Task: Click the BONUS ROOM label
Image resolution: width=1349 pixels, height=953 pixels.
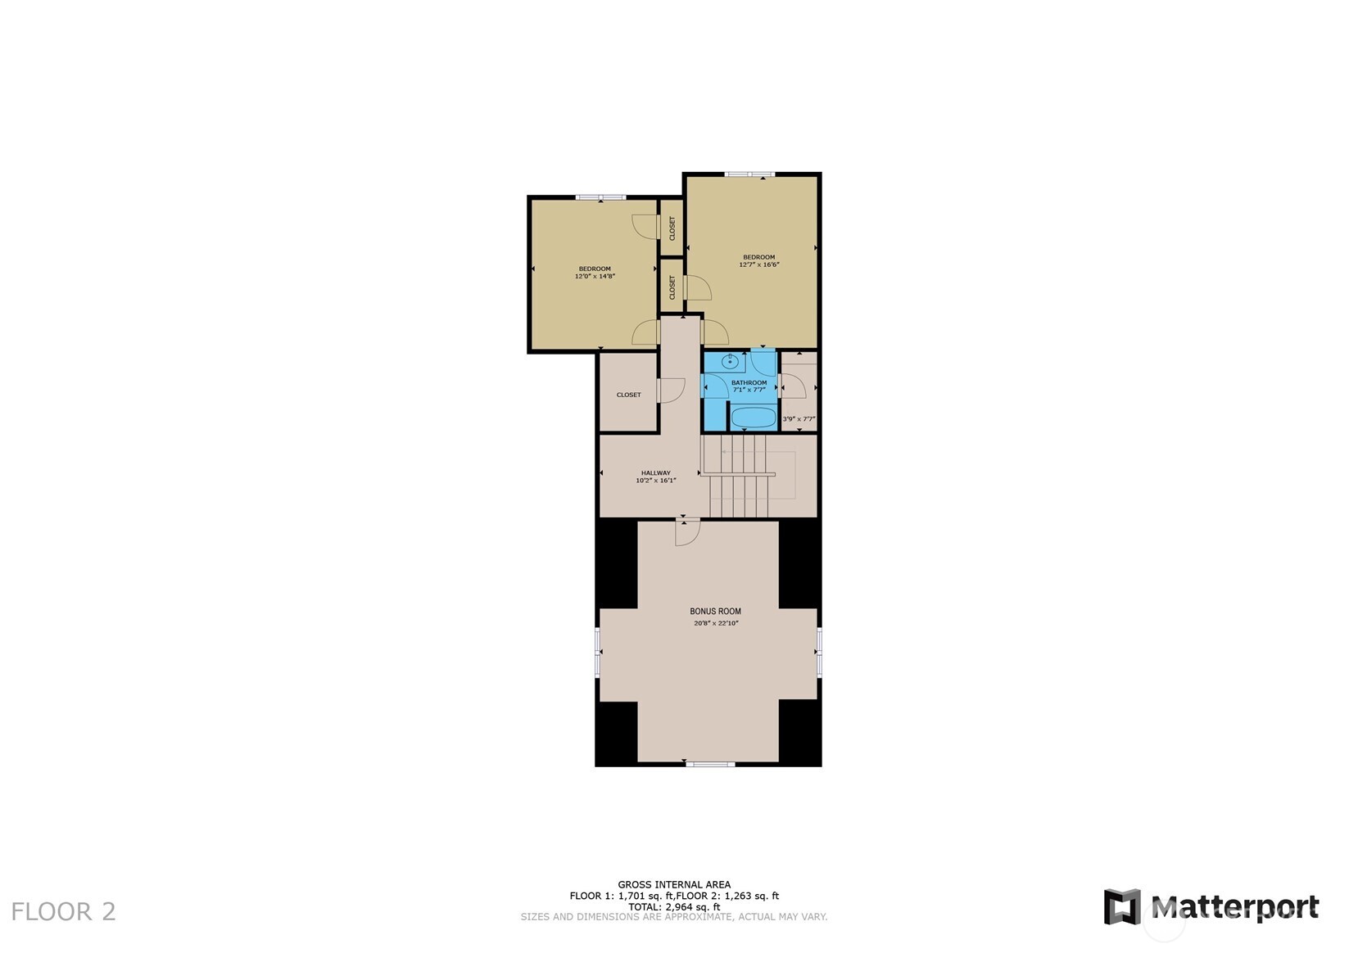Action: [715, 611]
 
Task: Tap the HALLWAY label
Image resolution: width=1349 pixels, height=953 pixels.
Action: [656, 473]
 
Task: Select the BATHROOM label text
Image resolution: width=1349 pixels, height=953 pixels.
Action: [749, 382]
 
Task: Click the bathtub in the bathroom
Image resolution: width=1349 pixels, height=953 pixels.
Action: [754, 417]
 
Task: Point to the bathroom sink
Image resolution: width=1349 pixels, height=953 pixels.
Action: [731, 362]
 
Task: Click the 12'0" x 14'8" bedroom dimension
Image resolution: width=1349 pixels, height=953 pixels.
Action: [595, 277]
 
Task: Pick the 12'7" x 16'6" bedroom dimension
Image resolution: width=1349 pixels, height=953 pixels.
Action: [759, 264]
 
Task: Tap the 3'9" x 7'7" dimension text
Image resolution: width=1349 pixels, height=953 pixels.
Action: [799, 418]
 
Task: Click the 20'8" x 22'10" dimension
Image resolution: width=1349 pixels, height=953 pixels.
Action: [716, 623]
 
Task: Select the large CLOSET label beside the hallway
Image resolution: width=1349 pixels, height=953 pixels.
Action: [629, 395]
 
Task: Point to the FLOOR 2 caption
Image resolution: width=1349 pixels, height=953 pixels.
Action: [63, 911]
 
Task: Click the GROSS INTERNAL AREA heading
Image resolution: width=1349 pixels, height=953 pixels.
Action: [675, 884]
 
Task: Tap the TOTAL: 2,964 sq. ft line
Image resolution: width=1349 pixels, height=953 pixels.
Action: [675, 906]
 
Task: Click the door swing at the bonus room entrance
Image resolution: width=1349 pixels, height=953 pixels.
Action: [687, 532]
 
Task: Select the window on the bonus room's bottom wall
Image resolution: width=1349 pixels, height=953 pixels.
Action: [711, 764]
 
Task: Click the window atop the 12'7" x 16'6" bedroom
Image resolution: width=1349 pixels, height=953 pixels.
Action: [749, 174]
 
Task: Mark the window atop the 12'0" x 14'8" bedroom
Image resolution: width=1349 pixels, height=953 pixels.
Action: [601, 197]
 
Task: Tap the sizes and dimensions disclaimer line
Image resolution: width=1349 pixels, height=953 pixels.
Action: [675, 917]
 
